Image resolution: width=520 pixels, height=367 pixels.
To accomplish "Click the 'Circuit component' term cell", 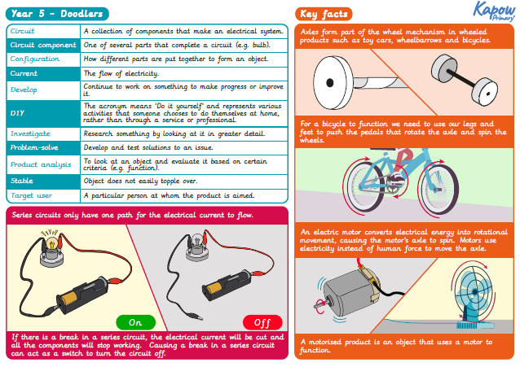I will [42, 45].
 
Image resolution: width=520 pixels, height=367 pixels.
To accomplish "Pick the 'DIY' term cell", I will [42, 111].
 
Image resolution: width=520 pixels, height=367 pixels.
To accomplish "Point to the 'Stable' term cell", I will [42, 181].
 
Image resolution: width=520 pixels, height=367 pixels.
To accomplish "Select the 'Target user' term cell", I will [42, 196].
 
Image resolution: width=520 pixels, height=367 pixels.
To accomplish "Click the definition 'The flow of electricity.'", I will [122, 74].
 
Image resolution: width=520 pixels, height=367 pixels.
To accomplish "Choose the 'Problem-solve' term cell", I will [42, 148].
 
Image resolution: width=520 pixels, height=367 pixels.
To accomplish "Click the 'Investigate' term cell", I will [42, 133].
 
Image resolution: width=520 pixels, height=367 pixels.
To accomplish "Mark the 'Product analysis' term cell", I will [42, 164].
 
